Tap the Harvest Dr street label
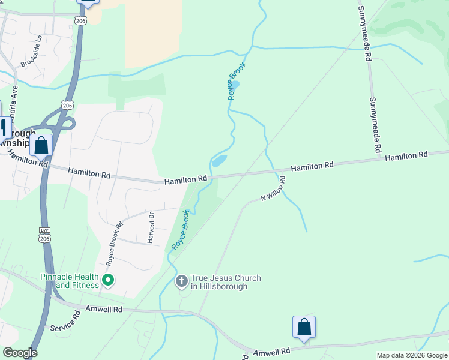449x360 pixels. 151,228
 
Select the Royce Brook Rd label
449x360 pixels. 115,244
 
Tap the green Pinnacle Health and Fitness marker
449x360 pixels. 108,280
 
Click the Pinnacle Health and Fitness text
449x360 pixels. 70,281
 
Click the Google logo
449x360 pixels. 20,353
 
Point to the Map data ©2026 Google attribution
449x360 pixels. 411,355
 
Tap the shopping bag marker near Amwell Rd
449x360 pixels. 304,327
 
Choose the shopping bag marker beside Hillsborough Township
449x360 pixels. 41,145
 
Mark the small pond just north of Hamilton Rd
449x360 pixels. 219,161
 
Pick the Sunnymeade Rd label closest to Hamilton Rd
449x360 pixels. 375,125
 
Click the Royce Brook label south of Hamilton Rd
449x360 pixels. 181,230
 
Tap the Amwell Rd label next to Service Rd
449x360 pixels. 104,309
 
